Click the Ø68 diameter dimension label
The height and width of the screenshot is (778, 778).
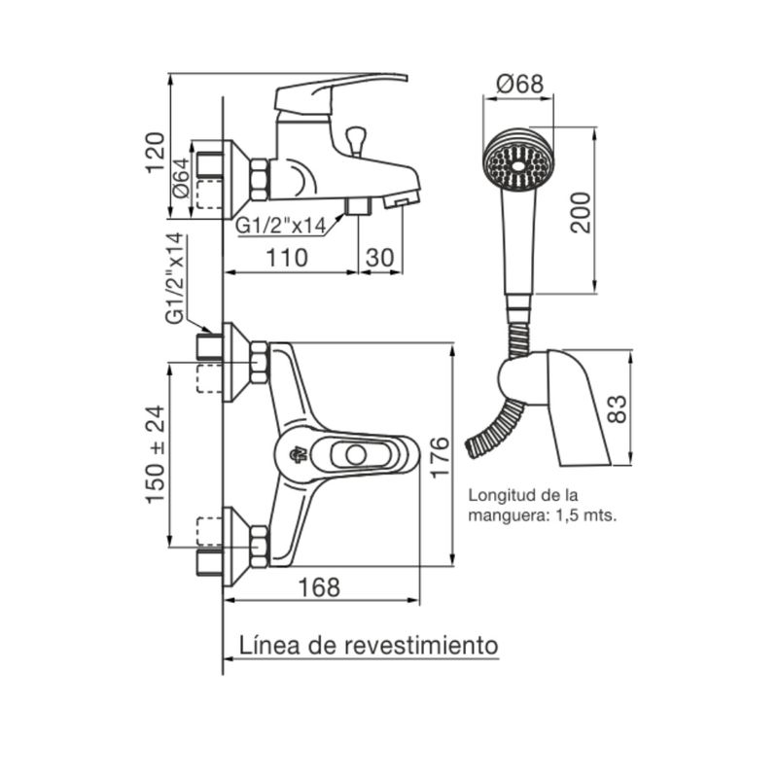coord(520,84)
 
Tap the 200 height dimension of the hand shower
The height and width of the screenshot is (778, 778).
coord(580,213)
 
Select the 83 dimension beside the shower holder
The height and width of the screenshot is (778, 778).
coord(617,408)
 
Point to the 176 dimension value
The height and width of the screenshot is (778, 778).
coord(440,457)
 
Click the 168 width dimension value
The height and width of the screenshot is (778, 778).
coord(319,587)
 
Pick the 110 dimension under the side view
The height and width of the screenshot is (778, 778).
coord(287,258)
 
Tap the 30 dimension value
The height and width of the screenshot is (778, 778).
coord(379,258)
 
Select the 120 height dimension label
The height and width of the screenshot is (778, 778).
coord(155,153)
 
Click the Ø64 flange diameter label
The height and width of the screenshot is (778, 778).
coord(181,178)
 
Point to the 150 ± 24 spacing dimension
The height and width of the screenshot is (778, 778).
coord(155,454)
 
